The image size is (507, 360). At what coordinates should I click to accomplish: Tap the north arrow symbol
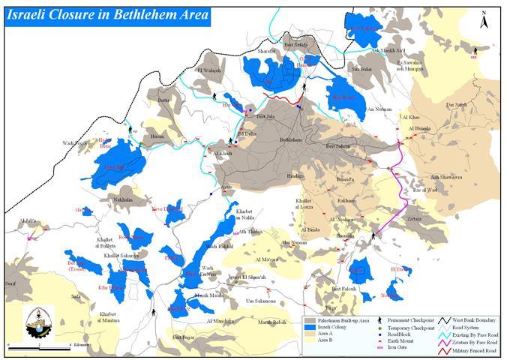pos(485,18)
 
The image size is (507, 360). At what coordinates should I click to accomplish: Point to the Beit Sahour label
pos(340,147)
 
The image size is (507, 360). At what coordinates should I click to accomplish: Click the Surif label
pos(10,284)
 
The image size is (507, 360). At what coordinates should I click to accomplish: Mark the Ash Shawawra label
pos(445,178)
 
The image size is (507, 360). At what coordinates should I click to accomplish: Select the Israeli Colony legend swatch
pos(310,328)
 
